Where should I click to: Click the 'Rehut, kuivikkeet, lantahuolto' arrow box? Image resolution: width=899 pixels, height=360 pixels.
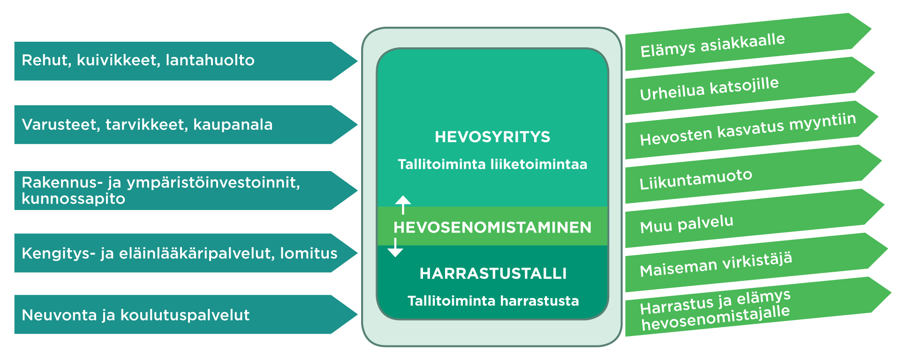(186, 61)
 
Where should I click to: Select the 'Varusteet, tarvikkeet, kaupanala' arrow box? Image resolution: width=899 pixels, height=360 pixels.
(186, 125)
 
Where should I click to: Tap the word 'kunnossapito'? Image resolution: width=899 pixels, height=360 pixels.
(73, 199)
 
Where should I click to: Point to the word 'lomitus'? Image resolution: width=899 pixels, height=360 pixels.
(309, 253)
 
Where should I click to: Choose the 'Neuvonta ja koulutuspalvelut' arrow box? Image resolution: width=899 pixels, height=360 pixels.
(186, 315)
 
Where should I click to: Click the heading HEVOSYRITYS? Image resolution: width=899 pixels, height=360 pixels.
(492, 137)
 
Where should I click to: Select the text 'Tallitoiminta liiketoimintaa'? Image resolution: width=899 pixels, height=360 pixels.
(492, 164)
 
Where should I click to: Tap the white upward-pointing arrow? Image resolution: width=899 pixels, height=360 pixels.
(403, 205)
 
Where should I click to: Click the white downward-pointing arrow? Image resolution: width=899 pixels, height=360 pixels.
(395, 247)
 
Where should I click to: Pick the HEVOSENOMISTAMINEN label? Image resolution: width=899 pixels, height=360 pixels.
(492, 227)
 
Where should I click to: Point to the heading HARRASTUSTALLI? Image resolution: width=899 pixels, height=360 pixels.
(493, 273)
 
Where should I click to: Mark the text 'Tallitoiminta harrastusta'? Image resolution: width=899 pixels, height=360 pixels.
(493, 300)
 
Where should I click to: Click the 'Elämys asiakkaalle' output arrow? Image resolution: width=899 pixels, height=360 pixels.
(748, 42)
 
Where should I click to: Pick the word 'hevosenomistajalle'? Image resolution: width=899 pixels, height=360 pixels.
(716, 319)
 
